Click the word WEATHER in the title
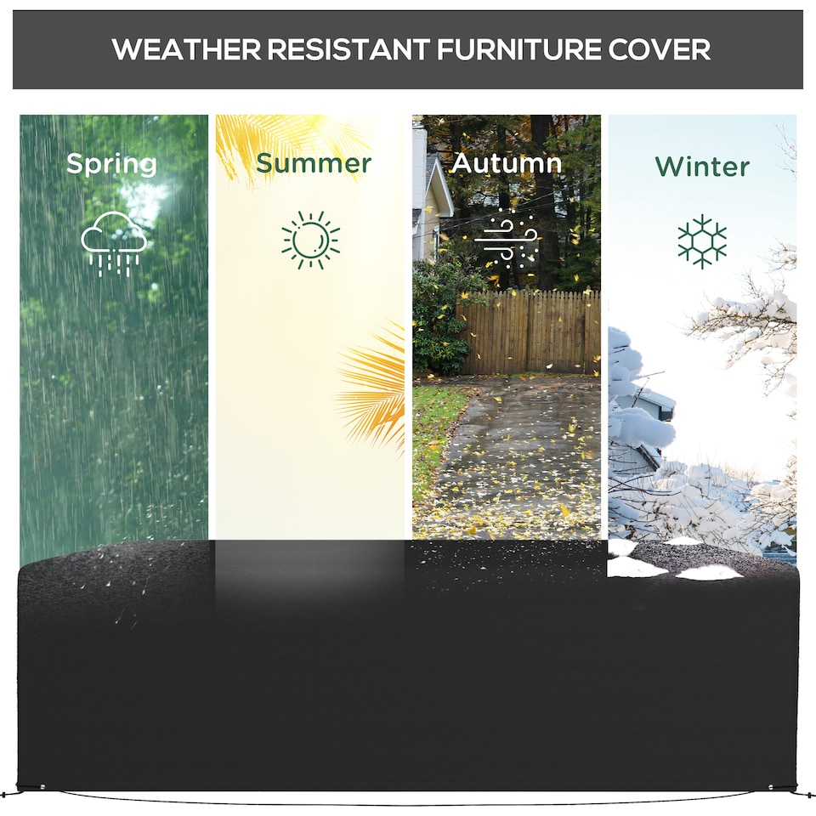[186, 49]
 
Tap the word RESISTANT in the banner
[348, 49]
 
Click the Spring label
[111, 164]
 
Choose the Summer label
[314, 163]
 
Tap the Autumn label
[507, 163]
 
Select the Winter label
[702, 166]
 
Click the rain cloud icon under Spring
[113, 242]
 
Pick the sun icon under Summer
[310, 241]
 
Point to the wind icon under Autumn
[507, 239]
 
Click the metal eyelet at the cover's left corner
[43, 786]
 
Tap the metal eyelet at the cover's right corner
[771, 786]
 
